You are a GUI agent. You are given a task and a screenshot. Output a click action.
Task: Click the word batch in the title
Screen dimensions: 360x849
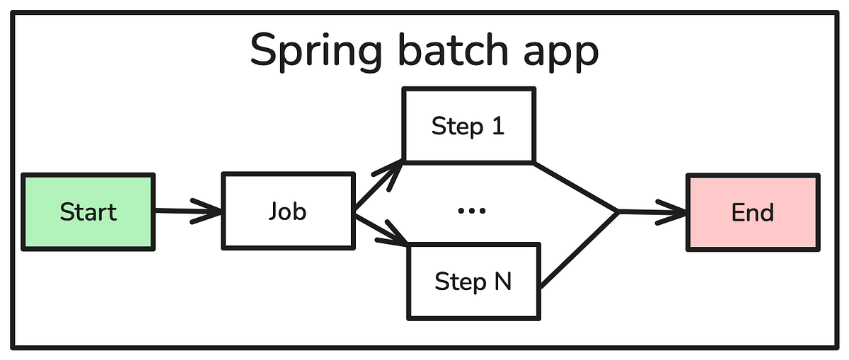pyautogui.click(x=449, y=51)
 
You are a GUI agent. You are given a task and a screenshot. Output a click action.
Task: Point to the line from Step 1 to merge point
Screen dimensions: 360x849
pyautogui.click(x=577, y=187)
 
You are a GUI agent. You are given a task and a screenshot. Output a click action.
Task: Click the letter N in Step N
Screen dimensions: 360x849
pyautogui.click(x=501, y=281)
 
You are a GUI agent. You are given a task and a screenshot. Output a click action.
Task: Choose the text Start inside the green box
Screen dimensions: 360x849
pyautogui.click(x=88, y=212)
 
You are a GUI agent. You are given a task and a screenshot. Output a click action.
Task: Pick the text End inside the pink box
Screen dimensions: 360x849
pyautogui.click(x=753, y=212)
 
